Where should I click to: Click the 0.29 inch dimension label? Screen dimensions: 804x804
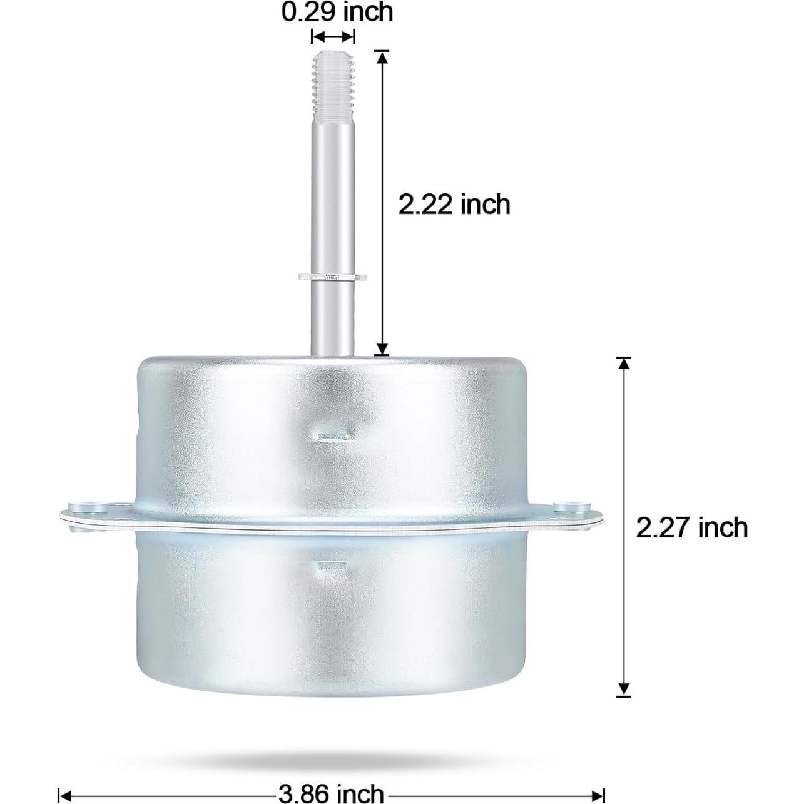click(x=337, y=12)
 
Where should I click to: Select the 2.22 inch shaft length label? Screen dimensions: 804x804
click(x=454, y=205)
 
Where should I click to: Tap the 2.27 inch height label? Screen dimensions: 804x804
click(x=691, y=527)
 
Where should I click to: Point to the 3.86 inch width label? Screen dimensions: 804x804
click(x=330, y=793)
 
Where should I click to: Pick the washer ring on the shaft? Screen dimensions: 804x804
click(x=333, y=276)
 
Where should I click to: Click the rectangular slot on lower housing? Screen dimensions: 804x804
click(x=332, y=567)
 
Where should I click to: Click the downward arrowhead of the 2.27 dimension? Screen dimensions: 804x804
click(x=623, y=688)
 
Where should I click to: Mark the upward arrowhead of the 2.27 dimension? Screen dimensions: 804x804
click(x=623, y=364)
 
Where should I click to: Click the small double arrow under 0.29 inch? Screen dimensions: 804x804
click(x=333, y=36)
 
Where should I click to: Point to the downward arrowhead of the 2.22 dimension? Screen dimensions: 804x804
click(x=382, y=349)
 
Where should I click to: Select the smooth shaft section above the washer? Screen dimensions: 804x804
click(x=333, y=188)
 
